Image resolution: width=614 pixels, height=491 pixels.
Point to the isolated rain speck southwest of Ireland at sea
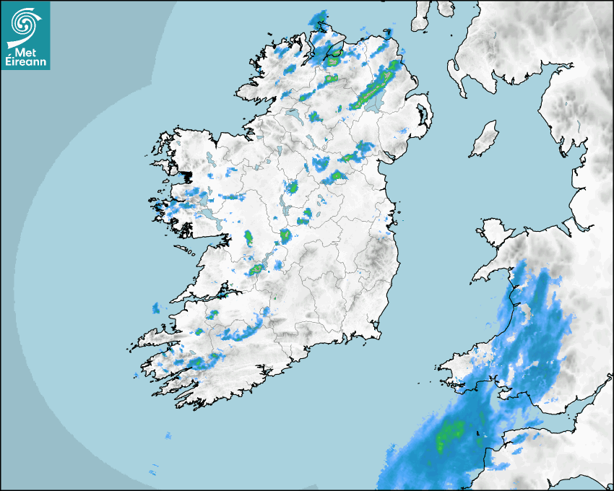coord(168,435)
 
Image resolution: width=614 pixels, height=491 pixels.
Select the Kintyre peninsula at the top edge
coord(422,16)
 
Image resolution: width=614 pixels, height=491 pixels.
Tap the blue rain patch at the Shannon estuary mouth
coord(156,308)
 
